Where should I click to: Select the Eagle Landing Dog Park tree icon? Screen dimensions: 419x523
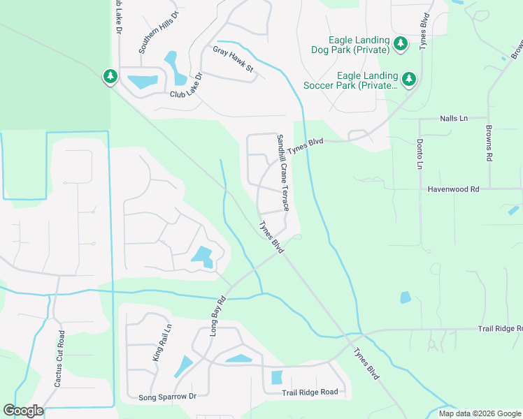tap(400, 45)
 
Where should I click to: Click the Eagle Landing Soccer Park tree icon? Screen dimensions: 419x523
tap(408, 79)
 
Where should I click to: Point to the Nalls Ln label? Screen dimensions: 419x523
tap(453, 119)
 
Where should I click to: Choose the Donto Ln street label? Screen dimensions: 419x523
tap(420, 154)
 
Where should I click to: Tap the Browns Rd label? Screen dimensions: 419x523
tap(489, 144)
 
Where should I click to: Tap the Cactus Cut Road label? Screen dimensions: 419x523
tap(60, 358)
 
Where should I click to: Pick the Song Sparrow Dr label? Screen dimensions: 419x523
tap(168, 396)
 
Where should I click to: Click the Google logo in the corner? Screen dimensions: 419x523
tap(22, 411)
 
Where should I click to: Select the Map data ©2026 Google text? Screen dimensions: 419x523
tap(479, 413)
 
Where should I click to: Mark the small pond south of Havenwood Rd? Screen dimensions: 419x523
tap(406, 297)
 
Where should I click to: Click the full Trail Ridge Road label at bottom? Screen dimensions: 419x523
tap(310, 392)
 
